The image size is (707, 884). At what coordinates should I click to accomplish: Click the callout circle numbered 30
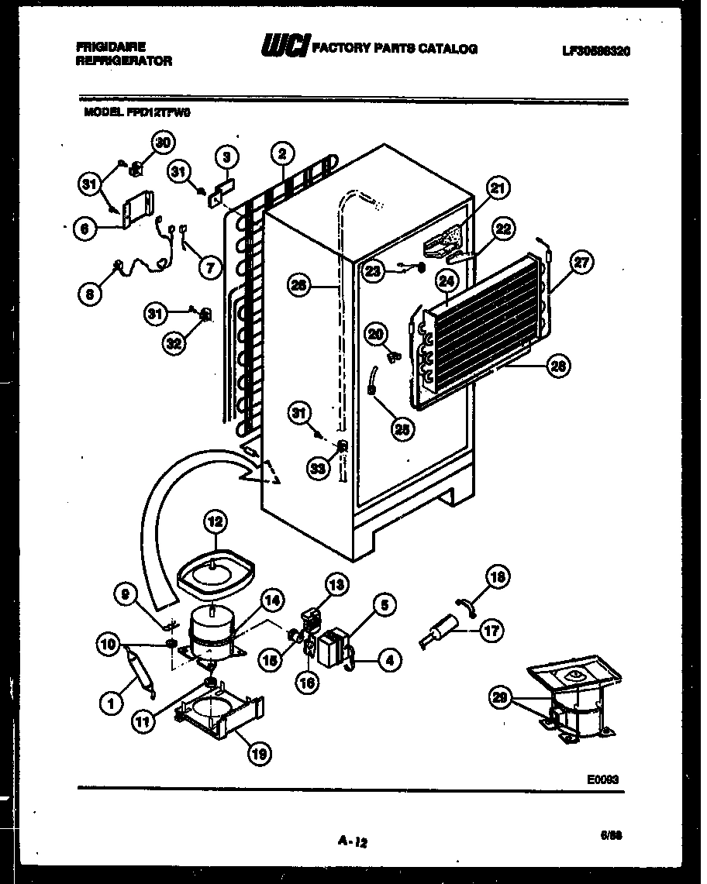coord(162,142)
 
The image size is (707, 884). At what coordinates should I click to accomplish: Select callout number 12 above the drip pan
coord(215,523)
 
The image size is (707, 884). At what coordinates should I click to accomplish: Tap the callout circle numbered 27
coord(581,262)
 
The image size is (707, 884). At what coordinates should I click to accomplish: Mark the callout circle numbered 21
coord(496,188)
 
